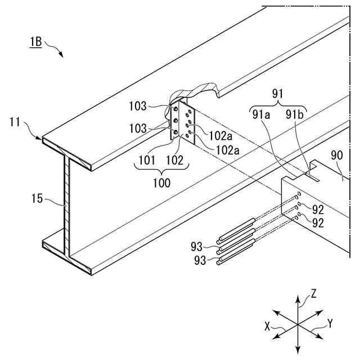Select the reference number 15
(38, 198)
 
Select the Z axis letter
(313, 293)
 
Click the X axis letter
(269, 325)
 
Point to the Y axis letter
(331, 323)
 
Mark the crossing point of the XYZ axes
(297, 322)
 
